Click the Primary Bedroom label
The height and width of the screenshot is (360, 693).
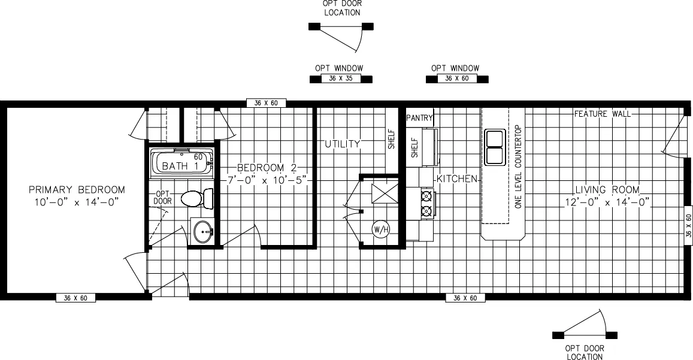[x=77, y=190]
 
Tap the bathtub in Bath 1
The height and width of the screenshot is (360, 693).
[x=181, y=163]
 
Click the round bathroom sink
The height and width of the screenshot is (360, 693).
[x=204, y=231]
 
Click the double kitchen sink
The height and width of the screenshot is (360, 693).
[x=495, y=147]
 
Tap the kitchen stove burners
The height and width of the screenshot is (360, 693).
[x=426, y=204]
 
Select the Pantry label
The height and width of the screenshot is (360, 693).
[x=419, y=118]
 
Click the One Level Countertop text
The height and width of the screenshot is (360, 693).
[x=519, y=167]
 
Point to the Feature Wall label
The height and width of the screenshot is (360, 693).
[x=603, y=114]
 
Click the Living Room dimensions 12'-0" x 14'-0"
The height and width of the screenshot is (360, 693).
[x=607, y=202]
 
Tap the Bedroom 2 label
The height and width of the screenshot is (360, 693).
[x=267, y=168]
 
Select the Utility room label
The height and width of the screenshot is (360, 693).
[x=343, y=144]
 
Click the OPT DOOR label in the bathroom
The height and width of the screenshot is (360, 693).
[x=163, y=197]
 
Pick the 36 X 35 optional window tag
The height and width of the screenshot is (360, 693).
[x=341, y=78]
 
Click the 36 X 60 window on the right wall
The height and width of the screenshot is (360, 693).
[x=688, y=226]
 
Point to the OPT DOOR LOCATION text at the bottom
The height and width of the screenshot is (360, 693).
[x=584, y=352]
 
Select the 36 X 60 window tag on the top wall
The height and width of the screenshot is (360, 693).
[x=266, y=104]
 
